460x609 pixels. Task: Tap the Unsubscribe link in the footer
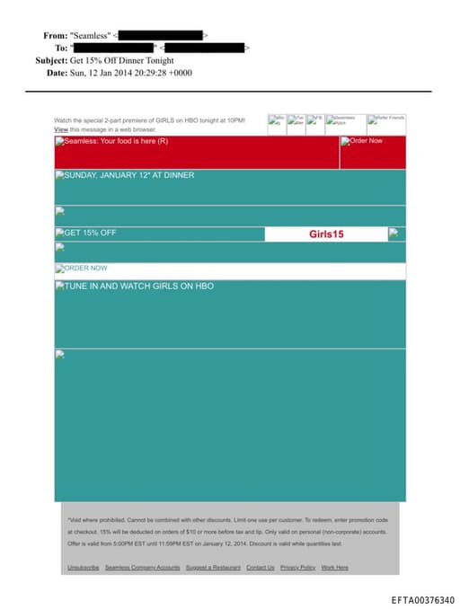coord(84,568)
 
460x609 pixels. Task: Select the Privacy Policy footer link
coord(297,568)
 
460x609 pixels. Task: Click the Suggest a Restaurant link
coord(213,568)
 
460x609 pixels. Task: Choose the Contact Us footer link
coord(261,568)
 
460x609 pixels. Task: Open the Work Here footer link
coord(334,568)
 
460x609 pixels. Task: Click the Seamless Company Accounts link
coord(142,568)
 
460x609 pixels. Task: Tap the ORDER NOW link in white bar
coord(85,269)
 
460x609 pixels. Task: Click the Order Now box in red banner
coord(365,141)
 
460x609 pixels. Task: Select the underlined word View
coord(61,129)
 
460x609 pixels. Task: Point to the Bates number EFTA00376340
coord(423,600)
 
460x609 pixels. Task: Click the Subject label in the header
coord(51,60)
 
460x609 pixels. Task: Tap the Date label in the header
coord(57,73)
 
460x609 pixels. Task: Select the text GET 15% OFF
coord(89,234)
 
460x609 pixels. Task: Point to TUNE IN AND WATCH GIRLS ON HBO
coord(138,287)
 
